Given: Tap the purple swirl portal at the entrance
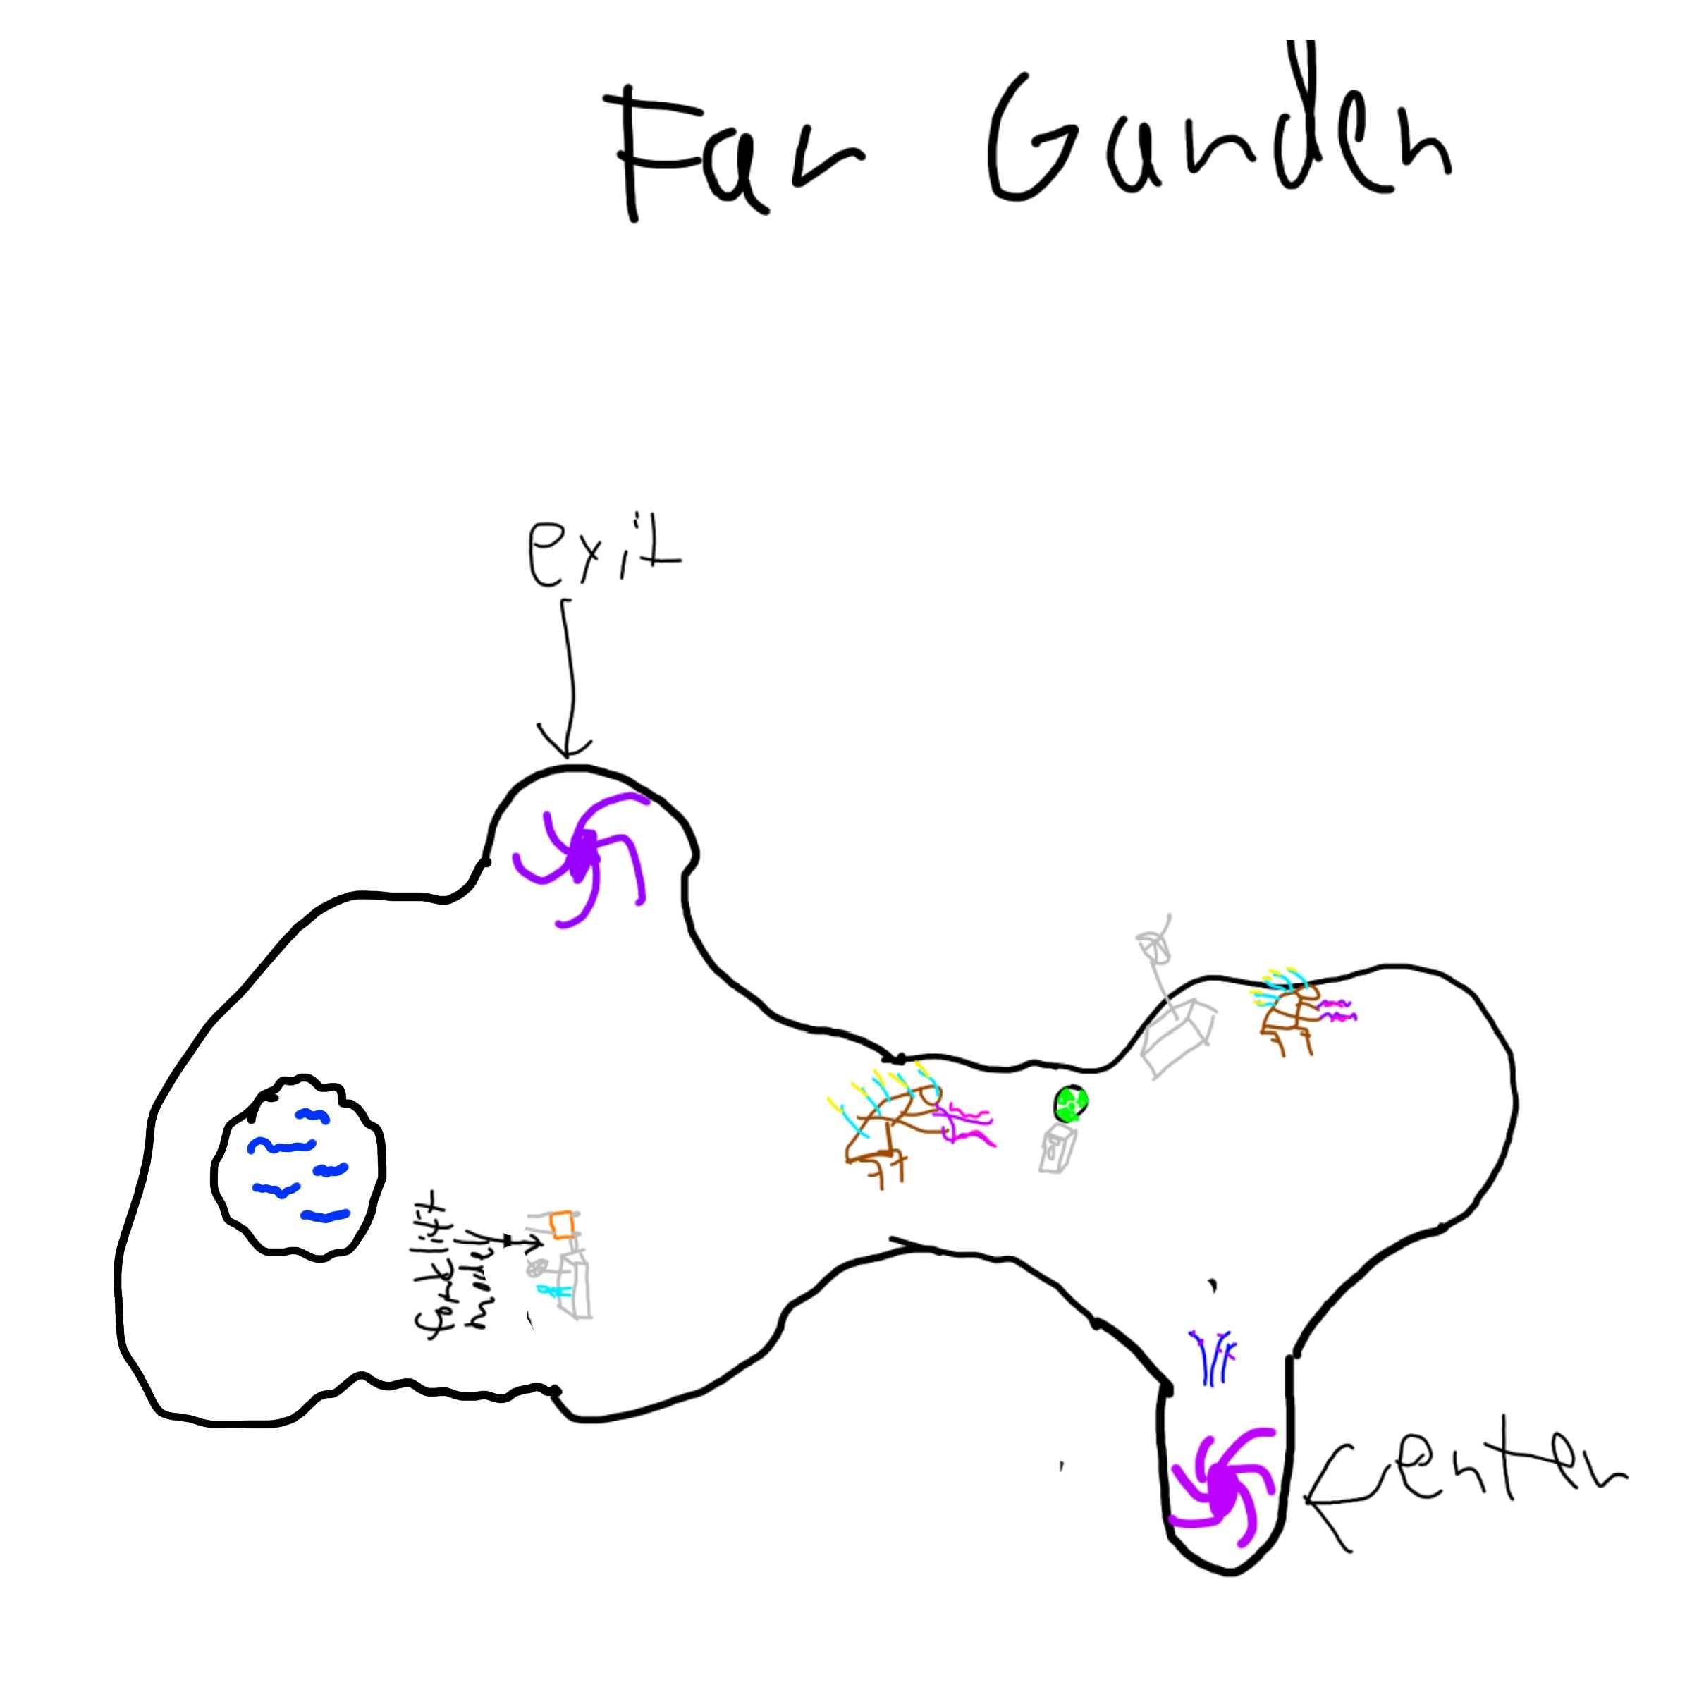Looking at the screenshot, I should point(1222,1489).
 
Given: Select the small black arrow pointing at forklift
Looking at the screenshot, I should point(522,1242).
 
